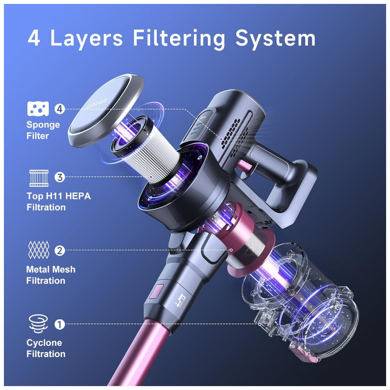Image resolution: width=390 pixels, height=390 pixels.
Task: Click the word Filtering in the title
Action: [179, 39]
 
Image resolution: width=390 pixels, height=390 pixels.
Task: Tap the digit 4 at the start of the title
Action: [34, 39]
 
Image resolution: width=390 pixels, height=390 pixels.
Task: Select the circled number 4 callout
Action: [60, 109]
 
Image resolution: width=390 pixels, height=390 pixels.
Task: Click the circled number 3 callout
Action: [60, 177]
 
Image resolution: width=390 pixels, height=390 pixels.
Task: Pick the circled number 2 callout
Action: [60, 250]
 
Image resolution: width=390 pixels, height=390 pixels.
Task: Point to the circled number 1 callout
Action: [60, 324]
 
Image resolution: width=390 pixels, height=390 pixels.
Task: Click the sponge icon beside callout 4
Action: [38, 109]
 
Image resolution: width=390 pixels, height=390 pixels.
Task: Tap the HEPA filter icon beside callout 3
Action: [39, 178]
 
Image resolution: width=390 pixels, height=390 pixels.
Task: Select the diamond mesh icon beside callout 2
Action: [39, 250]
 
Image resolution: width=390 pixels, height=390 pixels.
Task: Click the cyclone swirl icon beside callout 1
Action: [38, 324]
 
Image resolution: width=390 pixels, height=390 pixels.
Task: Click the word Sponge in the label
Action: [43, 125]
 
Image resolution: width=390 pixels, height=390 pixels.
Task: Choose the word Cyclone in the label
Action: [44, 343]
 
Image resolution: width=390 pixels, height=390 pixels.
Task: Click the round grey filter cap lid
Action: [106, 110]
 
